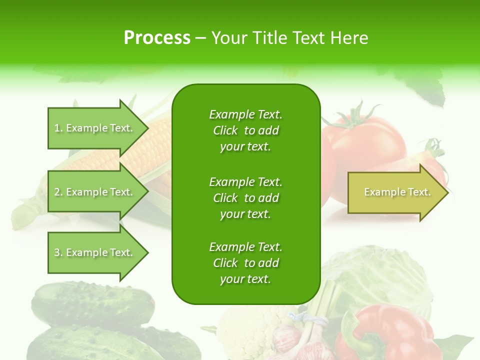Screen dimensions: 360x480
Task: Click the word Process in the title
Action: [157, 37]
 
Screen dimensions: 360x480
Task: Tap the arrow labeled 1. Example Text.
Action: [95, 128]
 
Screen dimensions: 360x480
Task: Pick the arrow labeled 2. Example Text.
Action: [95, 192]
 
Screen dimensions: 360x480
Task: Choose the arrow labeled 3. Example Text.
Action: [95, 252]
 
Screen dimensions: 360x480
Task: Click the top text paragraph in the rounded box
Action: [245, 130]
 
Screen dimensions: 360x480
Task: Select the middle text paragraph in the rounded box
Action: [245, 198]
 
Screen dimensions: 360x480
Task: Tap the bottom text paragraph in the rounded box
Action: [245, 263]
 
